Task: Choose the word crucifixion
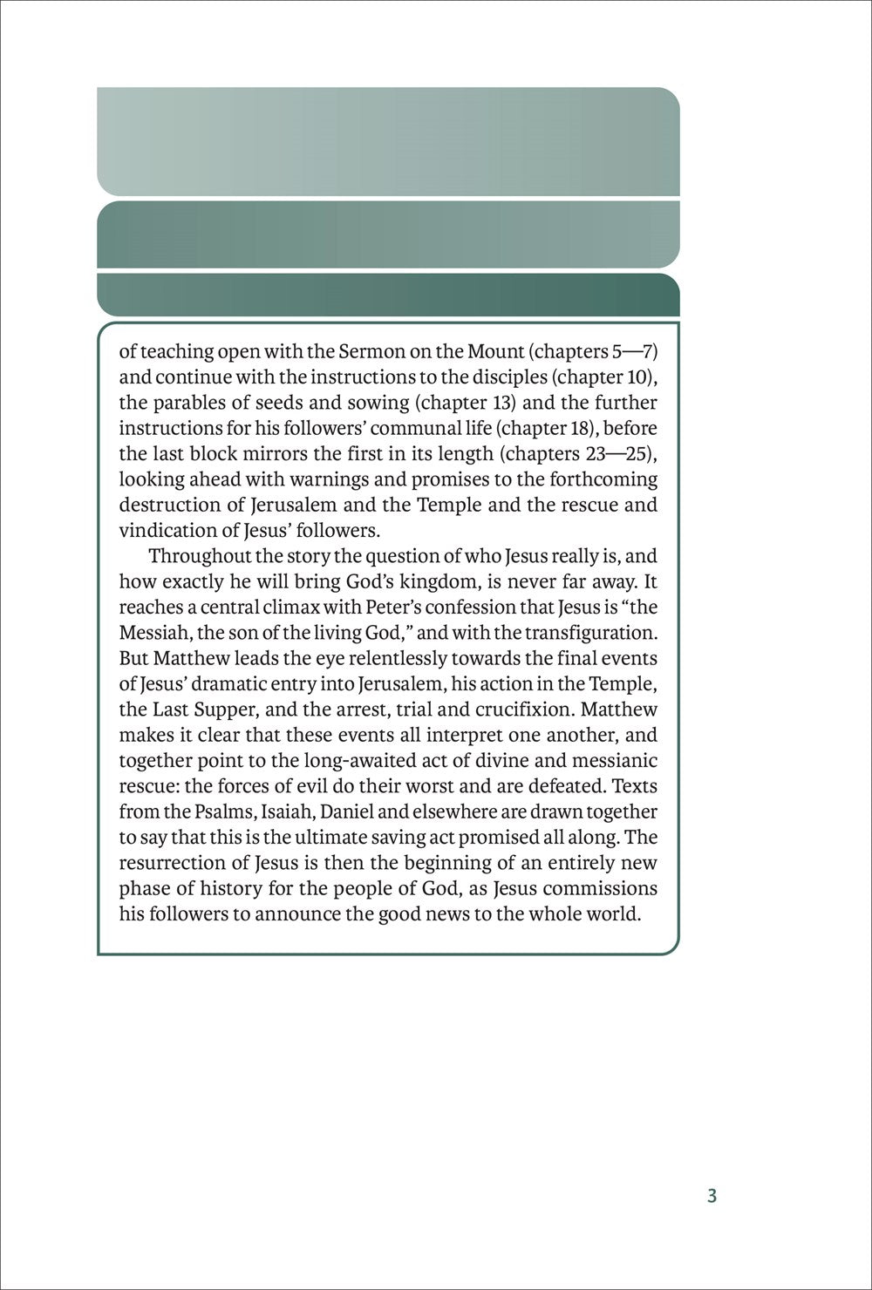point(511,709)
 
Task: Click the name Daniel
point(347,811)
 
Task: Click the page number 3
point(712,1196)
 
